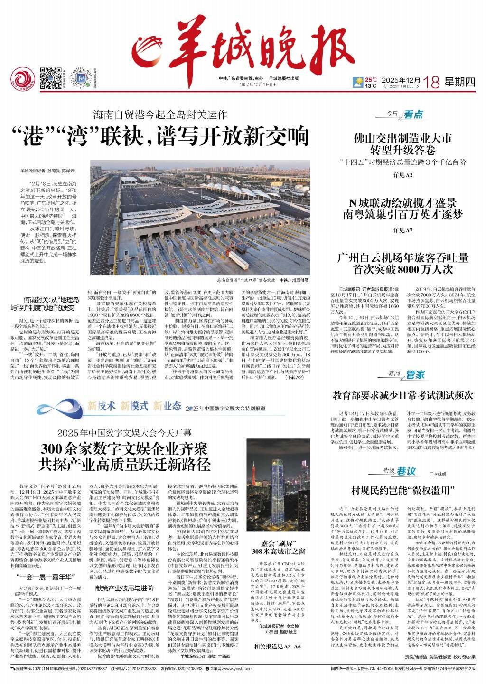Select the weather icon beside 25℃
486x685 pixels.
[357, 83]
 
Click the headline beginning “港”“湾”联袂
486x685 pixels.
[166, 136]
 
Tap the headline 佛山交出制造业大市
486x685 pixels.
[403, 139]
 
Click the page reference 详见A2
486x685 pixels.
[403, 175]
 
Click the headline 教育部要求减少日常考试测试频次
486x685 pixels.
[403, 394]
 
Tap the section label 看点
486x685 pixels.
[413, 114]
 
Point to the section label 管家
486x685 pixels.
[415, 374]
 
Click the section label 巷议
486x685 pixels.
[406, 471]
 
